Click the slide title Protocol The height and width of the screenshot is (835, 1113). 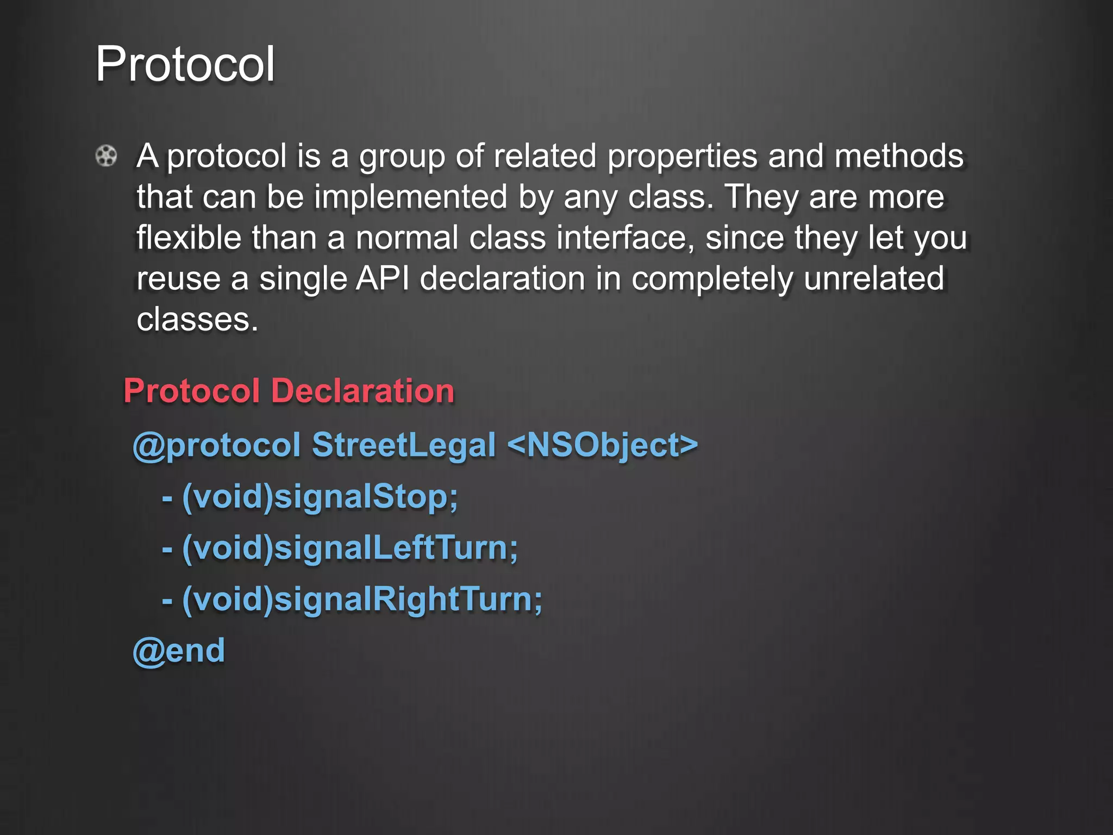[185, 64]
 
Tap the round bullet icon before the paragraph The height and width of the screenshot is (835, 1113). [106, 156]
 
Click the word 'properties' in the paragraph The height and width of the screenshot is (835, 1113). [682, 157]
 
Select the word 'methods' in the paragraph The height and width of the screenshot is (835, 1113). [899, 156]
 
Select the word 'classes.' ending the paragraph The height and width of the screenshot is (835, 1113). [197, 320]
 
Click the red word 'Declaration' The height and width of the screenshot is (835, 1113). [362, 391]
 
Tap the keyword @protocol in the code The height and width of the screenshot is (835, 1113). [217, 445]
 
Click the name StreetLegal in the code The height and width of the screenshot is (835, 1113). [404, 445]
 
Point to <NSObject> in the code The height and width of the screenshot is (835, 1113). [603, 445]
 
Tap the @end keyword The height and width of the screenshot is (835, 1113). [179, 651]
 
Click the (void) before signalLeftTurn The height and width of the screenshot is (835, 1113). [227, 548]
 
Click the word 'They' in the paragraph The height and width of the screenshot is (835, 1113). [761, 197]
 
